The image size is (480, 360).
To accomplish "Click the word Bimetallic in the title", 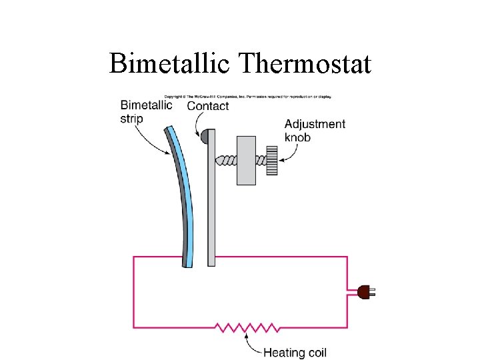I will point(171,63).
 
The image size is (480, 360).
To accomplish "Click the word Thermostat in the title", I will point(304,63).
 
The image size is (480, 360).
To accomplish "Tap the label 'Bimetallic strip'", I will point(146,111).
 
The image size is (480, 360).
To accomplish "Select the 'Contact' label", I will point(208,105).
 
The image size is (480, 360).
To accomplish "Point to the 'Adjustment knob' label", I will point(315,130).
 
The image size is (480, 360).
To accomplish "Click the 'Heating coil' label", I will point(295,353).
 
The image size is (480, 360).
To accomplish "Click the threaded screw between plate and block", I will point(226,160).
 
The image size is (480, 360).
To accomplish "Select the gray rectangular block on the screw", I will point(246,160).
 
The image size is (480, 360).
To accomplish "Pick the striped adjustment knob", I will point(271,160).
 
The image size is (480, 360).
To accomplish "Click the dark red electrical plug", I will point(363,291).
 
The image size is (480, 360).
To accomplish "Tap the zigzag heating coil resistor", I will point(247,327).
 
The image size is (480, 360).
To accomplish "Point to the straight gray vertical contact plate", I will point(211,200).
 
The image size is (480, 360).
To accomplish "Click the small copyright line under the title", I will point(248,97).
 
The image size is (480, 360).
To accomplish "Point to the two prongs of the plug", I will point(373,291).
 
